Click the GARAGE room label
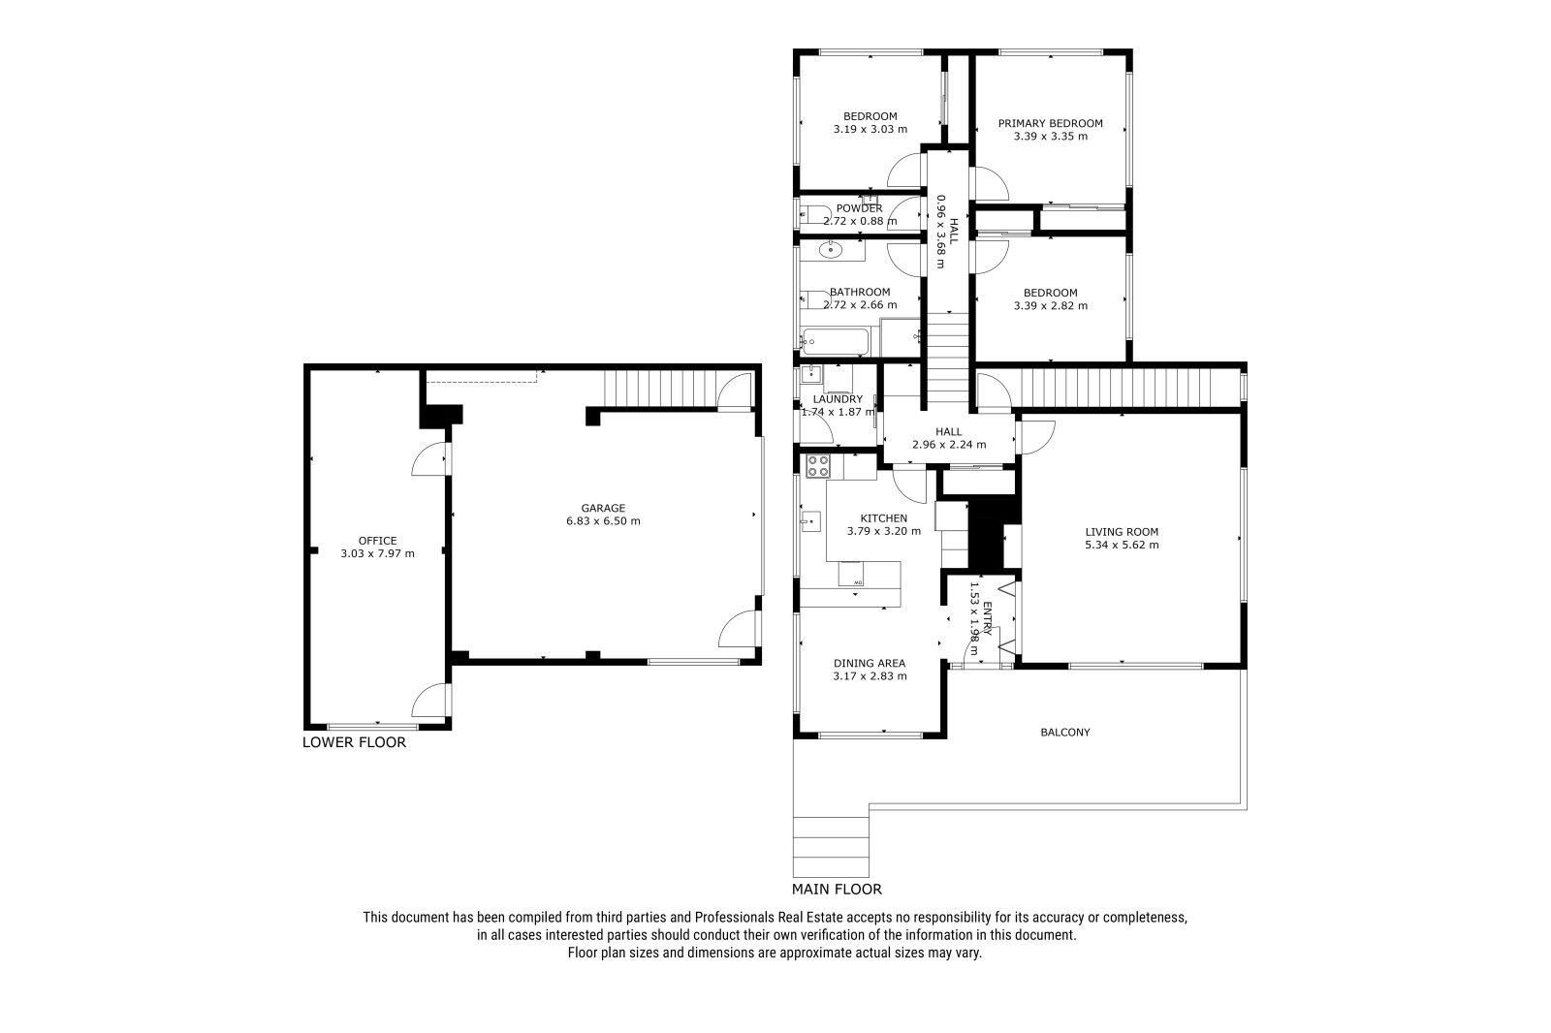[603, 508]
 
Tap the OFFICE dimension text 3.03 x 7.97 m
[377, 553]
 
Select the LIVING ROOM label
[1122, 532]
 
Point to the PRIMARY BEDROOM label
[1051, 123]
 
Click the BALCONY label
[1065, 732]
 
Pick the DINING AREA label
[870, 663]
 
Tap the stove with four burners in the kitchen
[818, 466]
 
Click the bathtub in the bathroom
[835, 341]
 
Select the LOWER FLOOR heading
[354, 742]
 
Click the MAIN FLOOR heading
[838, 889]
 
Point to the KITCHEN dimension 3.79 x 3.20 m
[883, 531]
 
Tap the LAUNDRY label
[838, 399]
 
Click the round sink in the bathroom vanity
[830, 249]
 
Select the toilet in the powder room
[815, 214]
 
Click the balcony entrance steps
[831, 847]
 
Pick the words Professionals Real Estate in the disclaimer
[769, 918]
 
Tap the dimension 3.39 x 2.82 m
[1051, 305]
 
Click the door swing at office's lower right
[429, 700]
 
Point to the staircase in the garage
[658, 389]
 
